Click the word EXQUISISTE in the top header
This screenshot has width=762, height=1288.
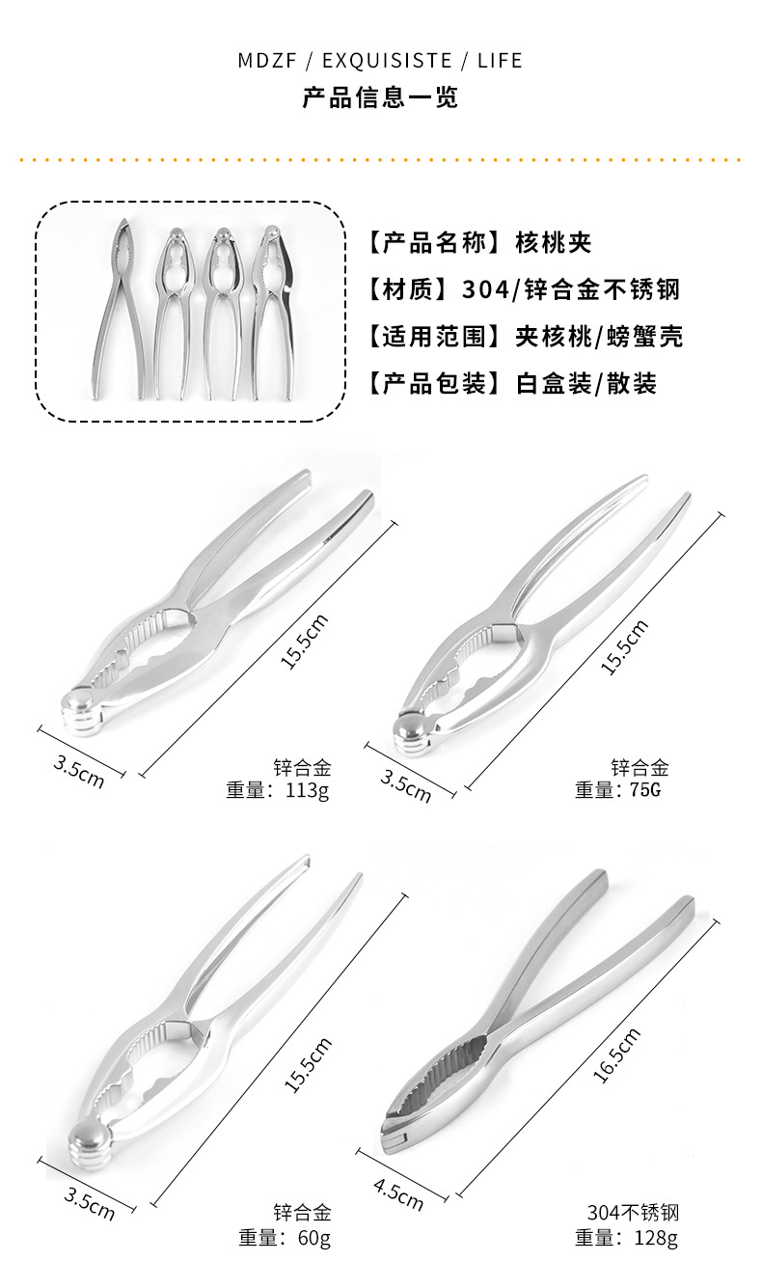click(387, 61)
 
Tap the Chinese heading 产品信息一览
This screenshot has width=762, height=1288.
click(380, 97)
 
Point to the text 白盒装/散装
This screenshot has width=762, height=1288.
click(586, 383)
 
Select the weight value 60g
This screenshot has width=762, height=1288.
click(313, 1237)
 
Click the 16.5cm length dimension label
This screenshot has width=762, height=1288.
click(615, 1055)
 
